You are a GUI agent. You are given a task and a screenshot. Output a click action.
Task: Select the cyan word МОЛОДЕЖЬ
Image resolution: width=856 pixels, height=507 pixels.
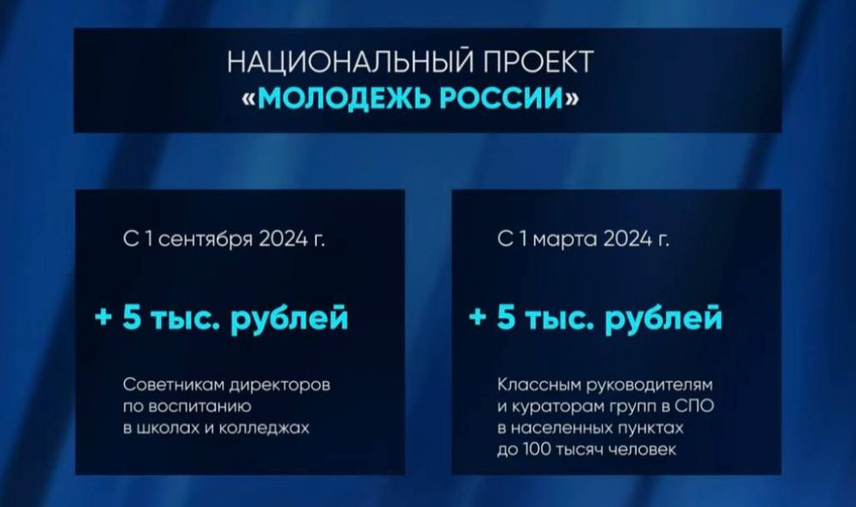(x=344, y=98)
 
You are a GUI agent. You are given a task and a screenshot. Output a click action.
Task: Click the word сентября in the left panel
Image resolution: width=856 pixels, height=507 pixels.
(x=205, y=240)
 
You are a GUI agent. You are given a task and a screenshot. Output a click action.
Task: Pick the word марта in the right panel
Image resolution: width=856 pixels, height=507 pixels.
(x=564, y=240)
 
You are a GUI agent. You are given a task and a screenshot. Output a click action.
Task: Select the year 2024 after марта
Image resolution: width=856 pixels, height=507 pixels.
(x=627, y=239)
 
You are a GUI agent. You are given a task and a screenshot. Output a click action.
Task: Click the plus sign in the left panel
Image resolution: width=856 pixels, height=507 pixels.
(x=104, y=317)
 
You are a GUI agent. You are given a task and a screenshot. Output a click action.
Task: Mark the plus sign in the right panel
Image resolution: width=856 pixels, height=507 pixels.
(x=478, y=317)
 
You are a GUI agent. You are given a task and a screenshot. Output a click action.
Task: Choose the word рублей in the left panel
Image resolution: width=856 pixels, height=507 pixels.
(x=289, y=319)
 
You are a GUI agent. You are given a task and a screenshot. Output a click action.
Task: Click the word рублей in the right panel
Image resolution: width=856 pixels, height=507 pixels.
(x=664, y=319)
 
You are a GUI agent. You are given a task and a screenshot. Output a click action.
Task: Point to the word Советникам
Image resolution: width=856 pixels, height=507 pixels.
(x=174, y=385)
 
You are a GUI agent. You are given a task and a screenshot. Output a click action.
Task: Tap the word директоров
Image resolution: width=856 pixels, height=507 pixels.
(x=280, y=385)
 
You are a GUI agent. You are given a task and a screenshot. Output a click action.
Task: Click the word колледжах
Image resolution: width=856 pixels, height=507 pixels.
(x=265, y=428)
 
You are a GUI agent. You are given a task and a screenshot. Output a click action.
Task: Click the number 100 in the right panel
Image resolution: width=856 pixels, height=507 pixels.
(x=537, y=450)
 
